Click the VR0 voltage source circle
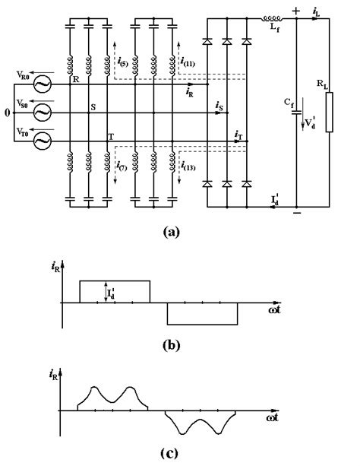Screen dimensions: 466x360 coord(39,85)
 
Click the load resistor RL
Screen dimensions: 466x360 coord(329,118)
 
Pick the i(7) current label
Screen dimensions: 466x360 coord(125,165)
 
